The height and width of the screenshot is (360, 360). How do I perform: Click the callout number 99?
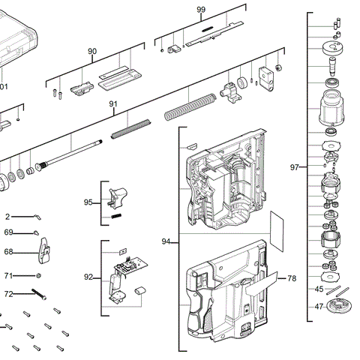[x=200, y=9]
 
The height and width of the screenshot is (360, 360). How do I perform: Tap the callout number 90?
[x=92, y=51]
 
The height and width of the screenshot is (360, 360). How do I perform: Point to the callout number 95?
[x=88, y=202]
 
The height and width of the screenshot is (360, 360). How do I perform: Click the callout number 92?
[x=88, y=277]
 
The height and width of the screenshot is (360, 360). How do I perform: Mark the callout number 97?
[x=295, y=166]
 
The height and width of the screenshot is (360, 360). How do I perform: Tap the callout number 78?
[x=292, y=278]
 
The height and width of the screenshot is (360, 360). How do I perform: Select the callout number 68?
[x=9, y=252]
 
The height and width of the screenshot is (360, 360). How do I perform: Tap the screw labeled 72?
[x=37, y=292]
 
